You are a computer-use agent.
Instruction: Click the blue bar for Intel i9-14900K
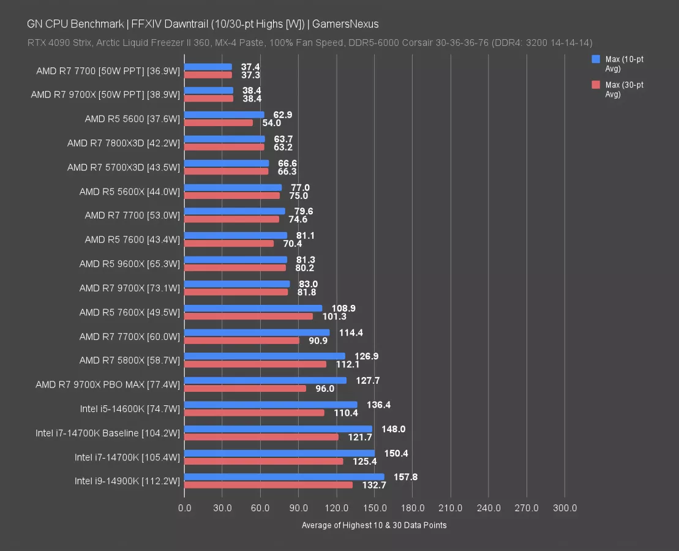pyautogui.click(x=284, y=477)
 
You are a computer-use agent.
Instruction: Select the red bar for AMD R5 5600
pyautogui.click(x=219, y=122)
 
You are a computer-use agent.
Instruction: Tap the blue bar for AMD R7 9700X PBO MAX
pyautogui.click(x=265, y=380)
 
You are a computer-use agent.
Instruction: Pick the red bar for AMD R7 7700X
pyautogui.click(x=242, y=340)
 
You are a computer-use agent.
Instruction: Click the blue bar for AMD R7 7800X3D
pyautogui.click(x=225, y=139)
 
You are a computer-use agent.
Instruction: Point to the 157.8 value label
pyautogui.click(x=405, y=477)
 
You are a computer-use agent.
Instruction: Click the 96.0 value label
pyautogui.click(x=324, y=388)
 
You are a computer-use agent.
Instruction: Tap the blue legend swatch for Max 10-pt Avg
pyautogui.click(x=596, y=59)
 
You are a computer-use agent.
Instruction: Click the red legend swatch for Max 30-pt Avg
pyautogui.click(x=596, y=85)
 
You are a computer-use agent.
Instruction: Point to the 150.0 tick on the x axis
pyautogui.click(x=375, y=508)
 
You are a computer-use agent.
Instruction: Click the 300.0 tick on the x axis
pyautogui.click(x=565, y=508)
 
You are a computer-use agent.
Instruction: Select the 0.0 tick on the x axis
pyautogui.click(x=184, y=508)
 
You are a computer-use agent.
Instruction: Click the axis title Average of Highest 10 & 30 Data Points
pyautogui.click(x=374, y=525)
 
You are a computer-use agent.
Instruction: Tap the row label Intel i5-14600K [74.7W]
pyautogui.click(x=130, y=408)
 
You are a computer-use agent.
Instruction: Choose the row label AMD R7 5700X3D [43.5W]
pyautogui.click(x=124, y=167)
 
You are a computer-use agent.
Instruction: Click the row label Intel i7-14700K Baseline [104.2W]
pyautogui.click(x=108, y=433)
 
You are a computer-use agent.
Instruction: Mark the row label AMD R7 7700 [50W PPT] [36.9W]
pyautogui.click(x=108, y=71)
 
